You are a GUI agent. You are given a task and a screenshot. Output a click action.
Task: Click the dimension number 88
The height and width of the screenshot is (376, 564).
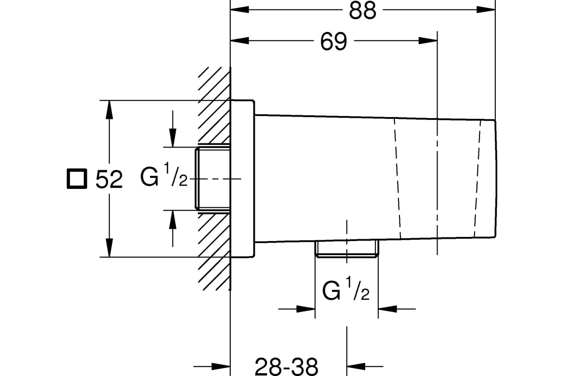tap(362, 11)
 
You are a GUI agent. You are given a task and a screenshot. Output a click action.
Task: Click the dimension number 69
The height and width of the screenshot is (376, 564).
tap(333, 41)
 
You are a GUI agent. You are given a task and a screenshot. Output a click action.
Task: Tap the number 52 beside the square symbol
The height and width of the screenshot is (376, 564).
tap(109, 180)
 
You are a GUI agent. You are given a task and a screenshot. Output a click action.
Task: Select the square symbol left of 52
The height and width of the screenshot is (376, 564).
tap(77, 179)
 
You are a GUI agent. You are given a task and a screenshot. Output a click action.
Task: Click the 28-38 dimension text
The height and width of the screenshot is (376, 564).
tap(286, 367)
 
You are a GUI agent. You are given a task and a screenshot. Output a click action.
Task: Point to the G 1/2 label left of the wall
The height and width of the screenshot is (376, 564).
tap(164, 174)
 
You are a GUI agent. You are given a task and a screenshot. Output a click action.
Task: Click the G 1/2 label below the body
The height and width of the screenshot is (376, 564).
tap(345, 289)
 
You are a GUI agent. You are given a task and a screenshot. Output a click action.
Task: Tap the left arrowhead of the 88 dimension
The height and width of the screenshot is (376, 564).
tap(239, 9)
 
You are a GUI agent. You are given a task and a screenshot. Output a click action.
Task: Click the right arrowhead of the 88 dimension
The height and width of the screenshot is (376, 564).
tap(486, 9)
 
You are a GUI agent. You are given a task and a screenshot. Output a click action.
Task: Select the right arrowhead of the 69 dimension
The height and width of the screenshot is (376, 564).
tap(428, 40)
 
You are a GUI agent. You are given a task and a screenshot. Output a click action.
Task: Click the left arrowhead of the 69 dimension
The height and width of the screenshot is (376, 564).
tap(239, 40)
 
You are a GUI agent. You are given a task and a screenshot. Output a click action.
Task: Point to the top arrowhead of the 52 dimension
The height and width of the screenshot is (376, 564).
tap(109, 110)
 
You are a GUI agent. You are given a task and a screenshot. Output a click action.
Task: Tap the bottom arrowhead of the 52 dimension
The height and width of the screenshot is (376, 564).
tap(109, 248)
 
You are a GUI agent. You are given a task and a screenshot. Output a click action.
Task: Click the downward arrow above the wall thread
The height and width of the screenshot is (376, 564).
tap(172, 129)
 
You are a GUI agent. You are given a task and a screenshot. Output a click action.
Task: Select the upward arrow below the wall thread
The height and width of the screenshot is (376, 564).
tap(172, 228)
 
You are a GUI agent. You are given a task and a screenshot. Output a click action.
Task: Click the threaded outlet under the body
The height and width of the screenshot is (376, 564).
tap(347, 249)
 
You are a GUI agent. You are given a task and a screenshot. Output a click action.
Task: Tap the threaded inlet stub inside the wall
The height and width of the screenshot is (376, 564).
tap(213, 179)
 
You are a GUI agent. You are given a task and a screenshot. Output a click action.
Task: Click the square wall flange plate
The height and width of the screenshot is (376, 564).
tap(243, 179)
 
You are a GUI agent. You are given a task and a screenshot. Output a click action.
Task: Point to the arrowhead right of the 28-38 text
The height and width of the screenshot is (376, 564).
tap(356, 367)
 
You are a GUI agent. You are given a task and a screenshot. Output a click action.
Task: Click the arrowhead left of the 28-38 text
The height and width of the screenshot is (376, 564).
tap(221, 367)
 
